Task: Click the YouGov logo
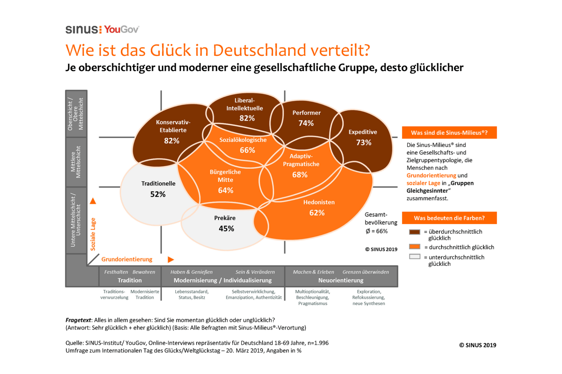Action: [121, 29]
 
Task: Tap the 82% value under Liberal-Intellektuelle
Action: [247, 118]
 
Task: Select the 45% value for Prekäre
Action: [226, 228]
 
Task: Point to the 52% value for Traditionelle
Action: [158, 194]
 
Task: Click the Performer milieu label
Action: [306, 113]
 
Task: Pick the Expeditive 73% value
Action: [364, 142]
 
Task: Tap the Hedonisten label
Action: [319, 202]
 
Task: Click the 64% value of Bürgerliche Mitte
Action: [225, 190]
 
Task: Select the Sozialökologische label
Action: [243, 140]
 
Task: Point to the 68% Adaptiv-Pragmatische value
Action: [300, 175]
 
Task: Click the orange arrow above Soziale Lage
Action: [93, 201]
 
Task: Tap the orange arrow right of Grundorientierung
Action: [171, 259]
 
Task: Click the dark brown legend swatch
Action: [415, 232]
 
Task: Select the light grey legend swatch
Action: [415, 257]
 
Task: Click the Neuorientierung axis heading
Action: [341, 280]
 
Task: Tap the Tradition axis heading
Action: [130, 280]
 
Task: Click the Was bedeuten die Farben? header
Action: [449, 218]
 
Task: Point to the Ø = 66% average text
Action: [377, 231]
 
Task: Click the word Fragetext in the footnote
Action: [78, 320]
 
